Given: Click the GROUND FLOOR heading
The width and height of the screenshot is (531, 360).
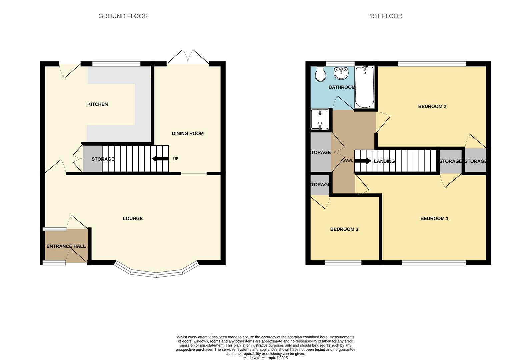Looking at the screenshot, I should tap(123, 16).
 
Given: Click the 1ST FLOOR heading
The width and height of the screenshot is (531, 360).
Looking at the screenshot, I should tap(386, 16).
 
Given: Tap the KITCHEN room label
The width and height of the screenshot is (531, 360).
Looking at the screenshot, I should tap(97, 104).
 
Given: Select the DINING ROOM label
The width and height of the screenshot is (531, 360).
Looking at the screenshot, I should tap(188, 133).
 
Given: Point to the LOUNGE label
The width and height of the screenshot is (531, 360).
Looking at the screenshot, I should tap(133, 218).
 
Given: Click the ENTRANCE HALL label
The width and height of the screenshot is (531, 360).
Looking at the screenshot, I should tap(66, 246).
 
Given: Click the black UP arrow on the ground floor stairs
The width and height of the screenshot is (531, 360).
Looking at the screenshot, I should tap(160, 159).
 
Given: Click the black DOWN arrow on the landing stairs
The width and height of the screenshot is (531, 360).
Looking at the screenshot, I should tap(363, 161).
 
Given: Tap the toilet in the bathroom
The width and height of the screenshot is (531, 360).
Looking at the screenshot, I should tap(320, 74).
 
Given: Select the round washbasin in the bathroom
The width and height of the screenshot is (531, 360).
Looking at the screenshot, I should tap(341, 73).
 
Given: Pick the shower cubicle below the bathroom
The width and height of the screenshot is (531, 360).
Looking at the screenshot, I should tap(320, 119).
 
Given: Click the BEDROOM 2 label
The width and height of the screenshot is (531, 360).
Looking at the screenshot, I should tap(432, 106).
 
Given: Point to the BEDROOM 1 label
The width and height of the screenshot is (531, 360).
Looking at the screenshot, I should tap(434, 218).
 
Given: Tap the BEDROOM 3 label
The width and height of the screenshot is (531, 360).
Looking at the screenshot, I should tap(344, 229).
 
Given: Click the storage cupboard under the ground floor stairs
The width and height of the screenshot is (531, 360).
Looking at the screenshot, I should tap(93, 159).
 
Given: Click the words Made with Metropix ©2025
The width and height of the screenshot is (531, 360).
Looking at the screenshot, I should tap(265, 358).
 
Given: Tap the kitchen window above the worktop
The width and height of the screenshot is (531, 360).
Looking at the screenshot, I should tap(116, 64).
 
